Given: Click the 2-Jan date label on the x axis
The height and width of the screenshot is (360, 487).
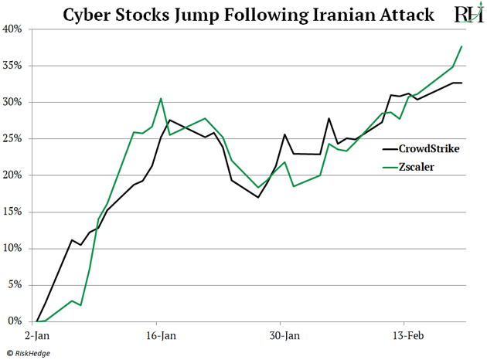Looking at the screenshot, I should click(37, 336).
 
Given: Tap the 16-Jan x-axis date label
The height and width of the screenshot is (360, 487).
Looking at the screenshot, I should click(160, 336).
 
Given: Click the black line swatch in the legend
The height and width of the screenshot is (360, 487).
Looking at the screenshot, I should click(389, 148).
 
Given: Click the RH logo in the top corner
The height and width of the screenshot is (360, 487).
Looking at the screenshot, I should click(467, 14).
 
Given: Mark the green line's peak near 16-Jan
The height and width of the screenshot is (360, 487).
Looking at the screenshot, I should click(161, 99).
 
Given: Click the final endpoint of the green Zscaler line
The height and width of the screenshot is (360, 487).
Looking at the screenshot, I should click(461, 46).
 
